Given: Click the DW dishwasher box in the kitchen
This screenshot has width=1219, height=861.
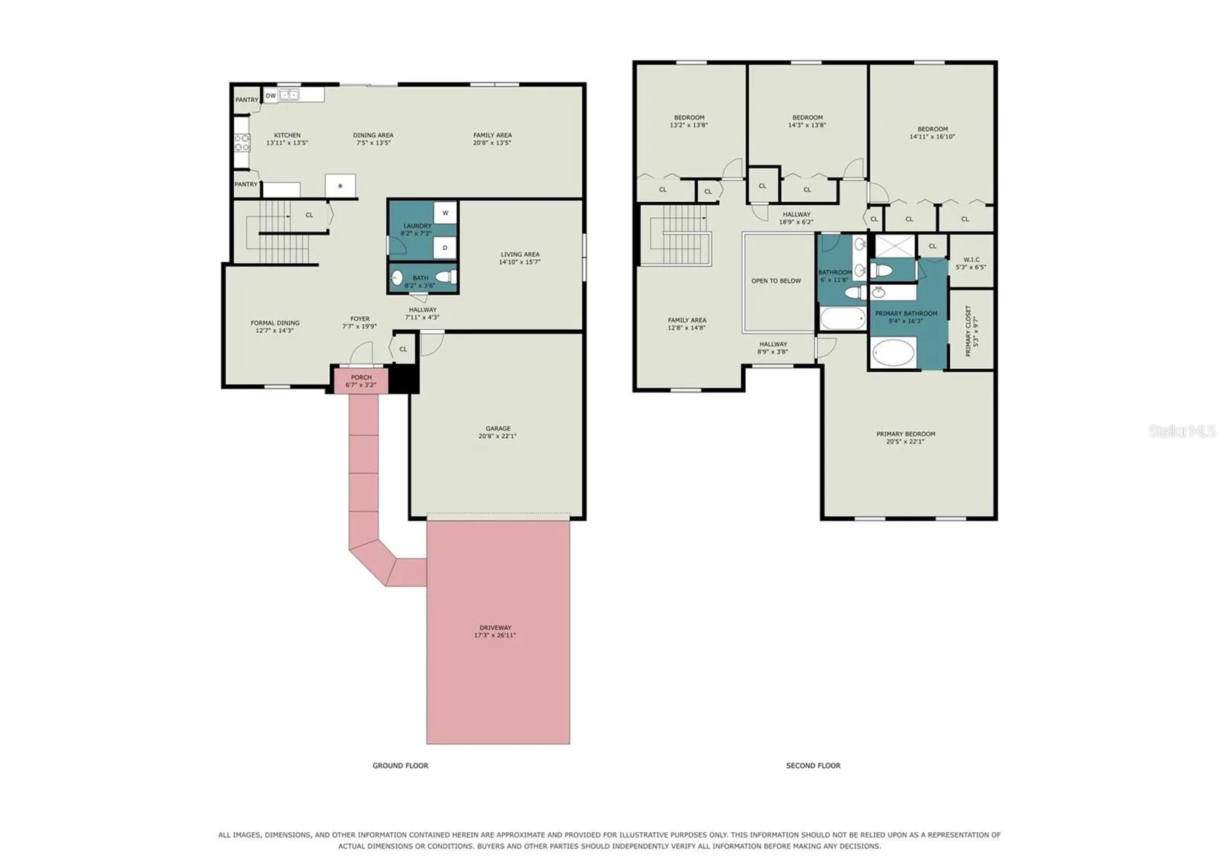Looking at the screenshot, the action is [270, 96].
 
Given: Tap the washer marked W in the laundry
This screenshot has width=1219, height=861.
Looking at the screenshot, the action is [445, 213].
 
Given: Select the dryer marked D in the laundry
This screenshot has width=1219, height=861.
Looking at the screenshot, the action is [445, 248].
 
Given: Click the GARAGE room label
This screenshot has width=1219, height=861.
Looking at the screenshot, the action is [498, 428].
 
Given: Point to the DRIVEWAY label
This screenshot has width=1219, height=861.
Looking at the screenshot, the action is [495, 628].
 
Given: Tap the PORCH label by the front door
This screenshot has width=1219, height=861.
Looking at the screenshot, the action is [361, 377].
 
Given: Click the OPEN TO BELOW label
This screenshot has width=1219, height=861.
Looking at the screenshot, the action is [776, 281].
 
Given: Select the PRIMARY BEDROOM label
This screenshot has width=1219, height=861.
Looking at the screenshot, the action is [906, 434].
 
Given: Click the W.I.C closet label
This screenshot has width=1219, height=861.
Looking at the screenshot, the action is [971, 260].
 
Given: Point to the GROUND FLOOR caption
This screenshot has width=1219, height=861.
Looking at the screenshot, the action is [400, 765].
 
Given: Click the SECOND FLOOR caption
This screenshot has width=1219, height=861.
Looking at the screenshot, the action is [813, 765].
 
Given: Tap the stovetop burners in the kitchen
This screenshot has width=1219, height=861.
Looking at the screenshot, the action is [242, 142].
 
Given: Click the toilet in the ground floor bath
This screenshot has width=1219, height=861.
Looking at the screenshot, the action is [446, 277].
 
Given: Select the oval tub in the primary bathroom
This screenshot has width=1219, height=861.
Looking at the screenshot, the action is [894, 353].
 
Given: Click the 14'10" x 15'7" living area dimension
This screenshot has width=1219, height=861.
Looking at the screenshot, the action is [520, 262].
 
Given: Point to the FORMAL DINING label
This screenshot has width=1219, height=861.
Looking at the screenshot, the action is [275, 323].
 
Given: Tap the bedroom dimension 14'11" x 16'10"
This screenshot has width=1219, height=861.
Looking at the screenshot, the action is [933, 136].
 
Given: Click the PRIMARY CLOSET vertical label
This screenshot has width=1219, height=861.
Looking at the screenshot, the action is [968, 331].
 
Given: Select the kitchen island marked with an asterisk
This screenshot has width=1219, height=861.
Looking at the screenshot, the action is [340, 186].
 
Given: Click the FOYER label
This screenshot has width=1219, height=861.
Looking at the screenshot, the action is [360, 319].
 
